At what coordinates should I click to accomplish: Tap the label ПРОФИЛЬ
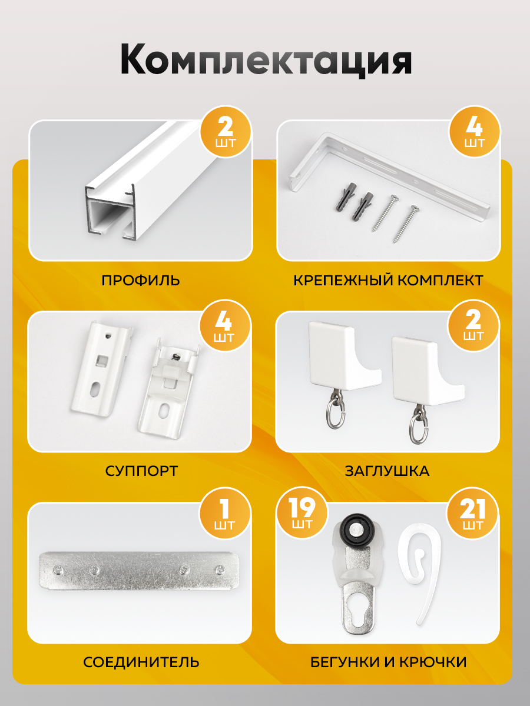(x=141, y=280)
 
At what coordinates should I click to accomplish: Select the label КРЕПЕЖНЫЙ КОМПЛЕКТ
(x=388, y=280)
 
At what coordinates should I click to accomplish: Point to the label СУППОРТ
(x=141, y=471)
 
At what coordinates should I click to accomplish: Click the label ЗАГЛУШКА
(x=387, y=471)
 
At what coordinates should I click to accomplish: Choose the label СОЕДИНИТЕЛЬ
(x=141, y=662)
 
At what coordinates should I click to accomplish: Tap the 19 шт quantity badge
(x=302, y=512)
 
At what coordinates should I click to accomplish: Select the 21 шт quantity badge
(x=472, y=513)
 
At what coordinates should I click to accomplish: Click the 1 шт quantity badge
(x=224, y=513)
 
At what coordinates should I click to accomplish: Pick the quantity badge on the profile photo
(x=226, y=132)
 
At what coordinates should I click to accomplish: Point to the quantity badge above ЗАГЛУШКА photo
(x=473, y=325)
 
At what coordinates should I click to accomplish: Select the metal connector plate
(x=139, y=570)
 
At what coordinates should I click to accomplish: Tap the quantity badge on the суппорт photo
(x=224, y=325)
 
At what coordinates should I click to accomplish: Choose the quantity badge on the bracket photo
(x=475, y=132)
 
